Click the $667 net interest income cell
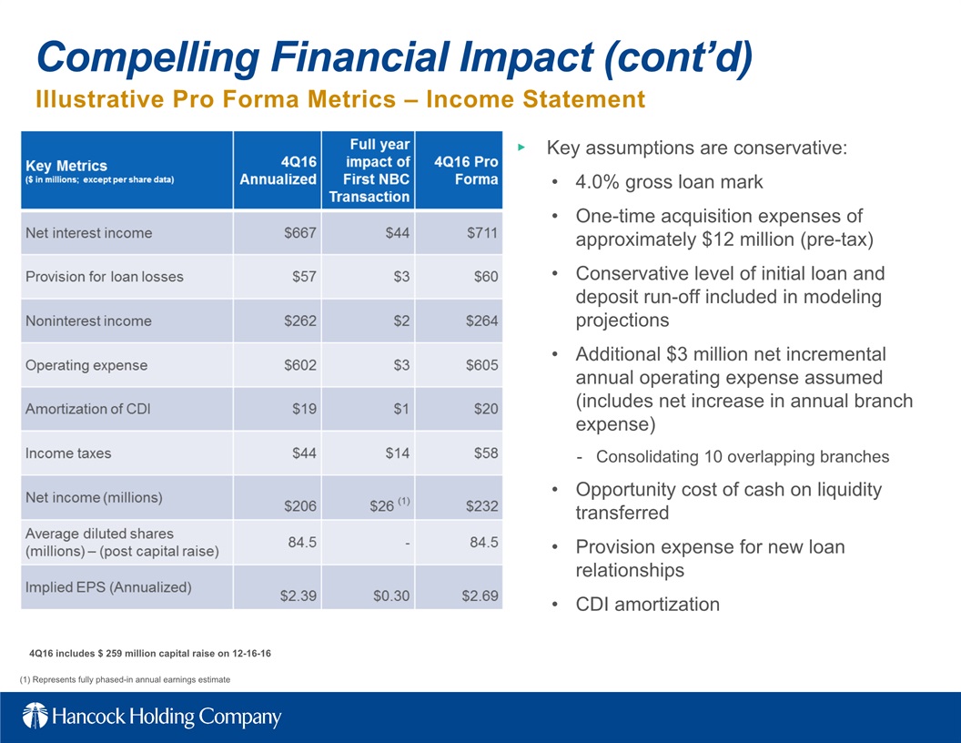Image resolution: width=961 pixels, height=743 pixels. click(300, 233)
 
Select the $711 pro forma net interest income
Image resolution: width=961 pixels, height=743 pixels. click(481, 233)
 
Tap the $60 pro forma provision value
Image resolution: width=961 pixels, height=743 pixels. click(486, 277)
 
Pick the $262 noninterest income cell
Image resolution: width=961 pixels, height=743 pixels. click(300, 321)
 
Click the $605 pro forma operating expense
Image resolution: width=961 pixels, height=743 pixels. click(481, 365)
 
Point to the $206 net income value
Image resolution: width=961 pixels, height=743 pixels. click(300, 505)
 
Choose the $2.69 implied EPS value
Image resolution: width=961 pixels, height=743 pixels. click(480, 595)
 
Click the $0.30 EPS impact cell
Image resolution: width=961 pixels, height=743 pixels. click(391, 595)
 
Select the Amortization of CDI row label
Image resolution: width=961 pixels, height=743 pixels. click(87, 409)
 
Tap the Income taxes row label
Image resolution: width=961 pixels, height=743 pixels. click(68, 453)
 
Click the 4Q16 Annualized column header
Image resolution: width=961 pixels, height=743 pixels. click(278, 170)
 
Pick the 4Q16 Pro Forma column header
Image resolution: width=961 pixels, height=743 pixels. click(466, 170)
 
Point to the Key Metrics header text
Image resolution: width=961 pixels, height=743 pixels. click(66, 166)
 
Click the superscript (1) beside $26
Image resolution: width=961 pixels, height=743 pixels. click(404, 501)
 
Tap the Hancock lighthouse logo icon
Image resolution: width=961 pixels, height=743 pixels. click(35, 716)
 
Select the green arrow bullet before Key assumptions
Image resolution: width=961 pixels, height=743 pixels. click(521, 148)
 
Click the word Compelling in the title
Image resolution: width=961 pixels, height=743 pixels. click(148, 57)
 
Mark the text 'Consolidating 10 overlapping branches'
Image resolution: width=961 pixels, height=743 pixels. click(743, 457)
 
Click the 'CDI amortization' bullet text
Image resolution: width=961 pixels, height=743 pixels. click(647, 605)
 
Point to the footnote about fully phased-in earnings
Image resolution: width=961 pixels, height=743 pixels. click(125, 679)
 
